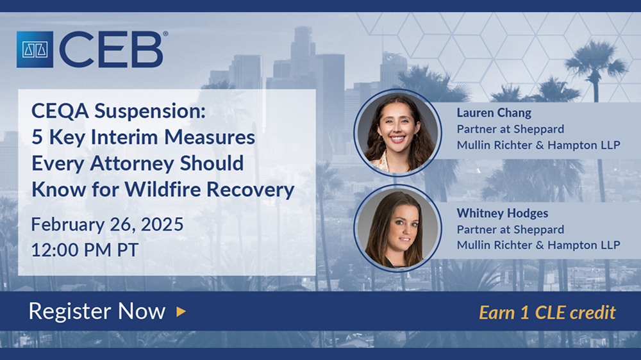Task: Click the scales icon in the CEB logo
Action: [35, 49]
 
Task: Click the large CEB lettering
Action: [111, 49]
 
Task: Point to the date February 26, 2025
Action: [108, 225]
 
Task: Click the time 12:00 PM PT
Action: [85, 250]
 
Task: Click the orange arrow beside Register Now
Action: [181, 312]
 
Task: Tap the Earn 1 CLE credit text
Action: [547, 313]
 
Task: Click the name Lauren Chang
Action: [494, 113]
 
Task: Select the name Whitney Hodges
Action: [503, 213]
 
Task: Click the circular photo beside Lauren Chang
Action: [398, 133]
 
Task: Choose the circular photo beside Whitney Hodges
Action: [398, 228]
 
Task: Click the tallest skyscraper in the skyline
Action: [303, 57]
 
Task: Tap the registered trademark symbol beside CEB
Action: [165, 34]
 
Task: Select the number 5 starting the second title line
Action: [37, 137]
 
